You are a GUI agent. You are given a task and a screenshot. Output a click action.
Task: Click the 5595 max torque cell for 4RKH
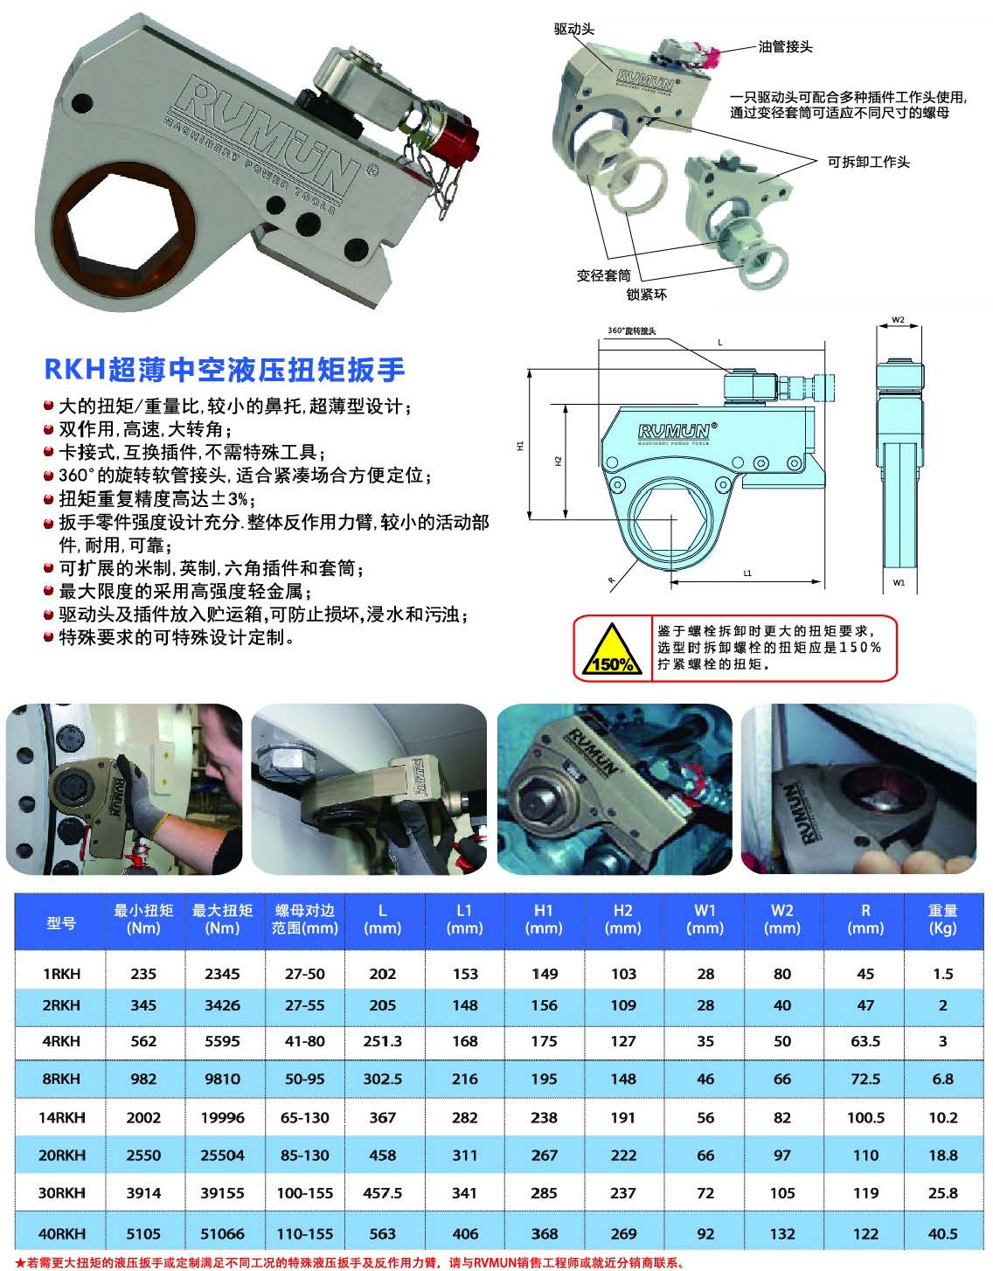click(x=222, y=1041)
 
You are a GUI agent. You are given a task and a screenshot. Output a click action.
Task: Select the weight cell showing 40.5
click(x=942, y=1233)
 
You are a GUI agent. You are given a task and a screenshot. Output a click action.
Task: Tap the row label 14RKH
click(x=61, y=1118)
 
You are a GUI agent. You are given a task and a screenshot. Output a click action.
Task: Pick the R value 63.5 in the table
click(x=865, y=1041)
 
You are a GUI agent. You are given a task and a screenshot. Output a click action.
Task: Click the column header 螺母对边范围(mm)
click(x=304, y=919)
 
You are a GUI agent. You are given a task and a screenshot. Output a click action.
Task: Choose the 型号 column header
click(x=61, y=923)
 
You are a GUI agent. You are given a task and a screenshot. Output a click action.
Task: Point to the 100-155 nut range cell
click(x=304, y=1192)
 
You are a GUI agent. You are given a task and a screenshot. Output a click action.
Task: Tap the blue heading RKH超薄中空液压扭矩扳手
click(x=225, y=369)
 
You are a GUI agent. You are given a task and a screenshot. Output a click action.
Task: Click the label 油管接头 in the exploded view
click(x=785, y=47)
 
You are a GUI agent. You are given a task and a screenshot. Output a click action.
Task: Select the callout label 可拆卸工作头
click(x=868, y=162)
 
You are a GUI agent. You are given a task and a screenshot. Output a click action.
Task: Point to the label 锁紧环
click(x=646, y=295)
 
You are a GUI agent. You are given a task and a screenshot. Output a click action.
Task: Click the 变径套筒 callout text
click(x=603, y=275)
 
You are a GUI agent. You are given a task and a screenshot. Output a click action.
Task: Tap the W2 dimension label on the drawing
click(x=898, y=320)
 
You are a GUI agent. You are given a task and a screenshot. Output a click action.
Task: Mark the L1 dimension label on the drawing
click(x=746, y=573)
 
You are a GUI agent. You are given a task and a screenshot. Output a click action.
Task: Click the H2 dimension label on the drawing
click(x=558, y=461)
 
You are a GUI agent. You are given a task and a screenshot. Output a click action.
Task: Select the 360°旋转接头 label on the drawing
click(x=632, y=330)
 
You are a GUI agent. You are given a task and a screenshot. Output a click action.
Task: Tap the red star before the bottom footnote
click(x=20, y=1263)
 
